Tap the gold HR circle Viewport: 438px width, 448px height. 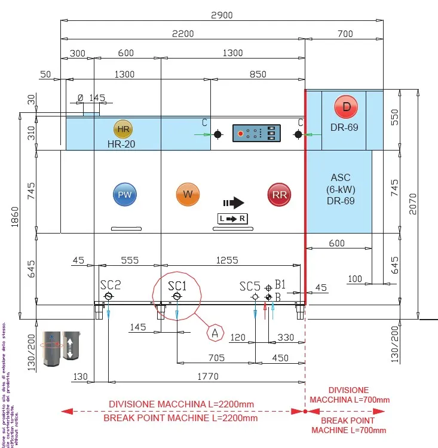(123, 129)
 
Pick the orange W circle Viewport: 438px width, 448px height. (188, 194)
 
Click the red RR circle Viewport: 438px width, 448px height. (279, 195)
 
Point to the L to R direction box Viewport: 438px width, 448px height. (232, 219)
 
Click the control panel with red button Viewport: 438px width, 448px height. (256, 134)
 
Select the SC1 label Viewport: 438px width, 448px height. (177, 286)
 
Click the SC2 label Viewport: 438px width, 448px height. (111, 286)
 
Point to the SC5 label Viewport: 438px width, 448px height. (250, 286)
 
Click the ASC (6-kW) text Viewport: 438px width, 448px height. (341, 183)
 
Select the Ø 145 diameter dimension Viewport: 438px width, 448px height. (91, 97)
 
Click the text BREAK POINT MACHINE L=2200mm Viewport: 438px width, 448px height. (180, 418)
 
